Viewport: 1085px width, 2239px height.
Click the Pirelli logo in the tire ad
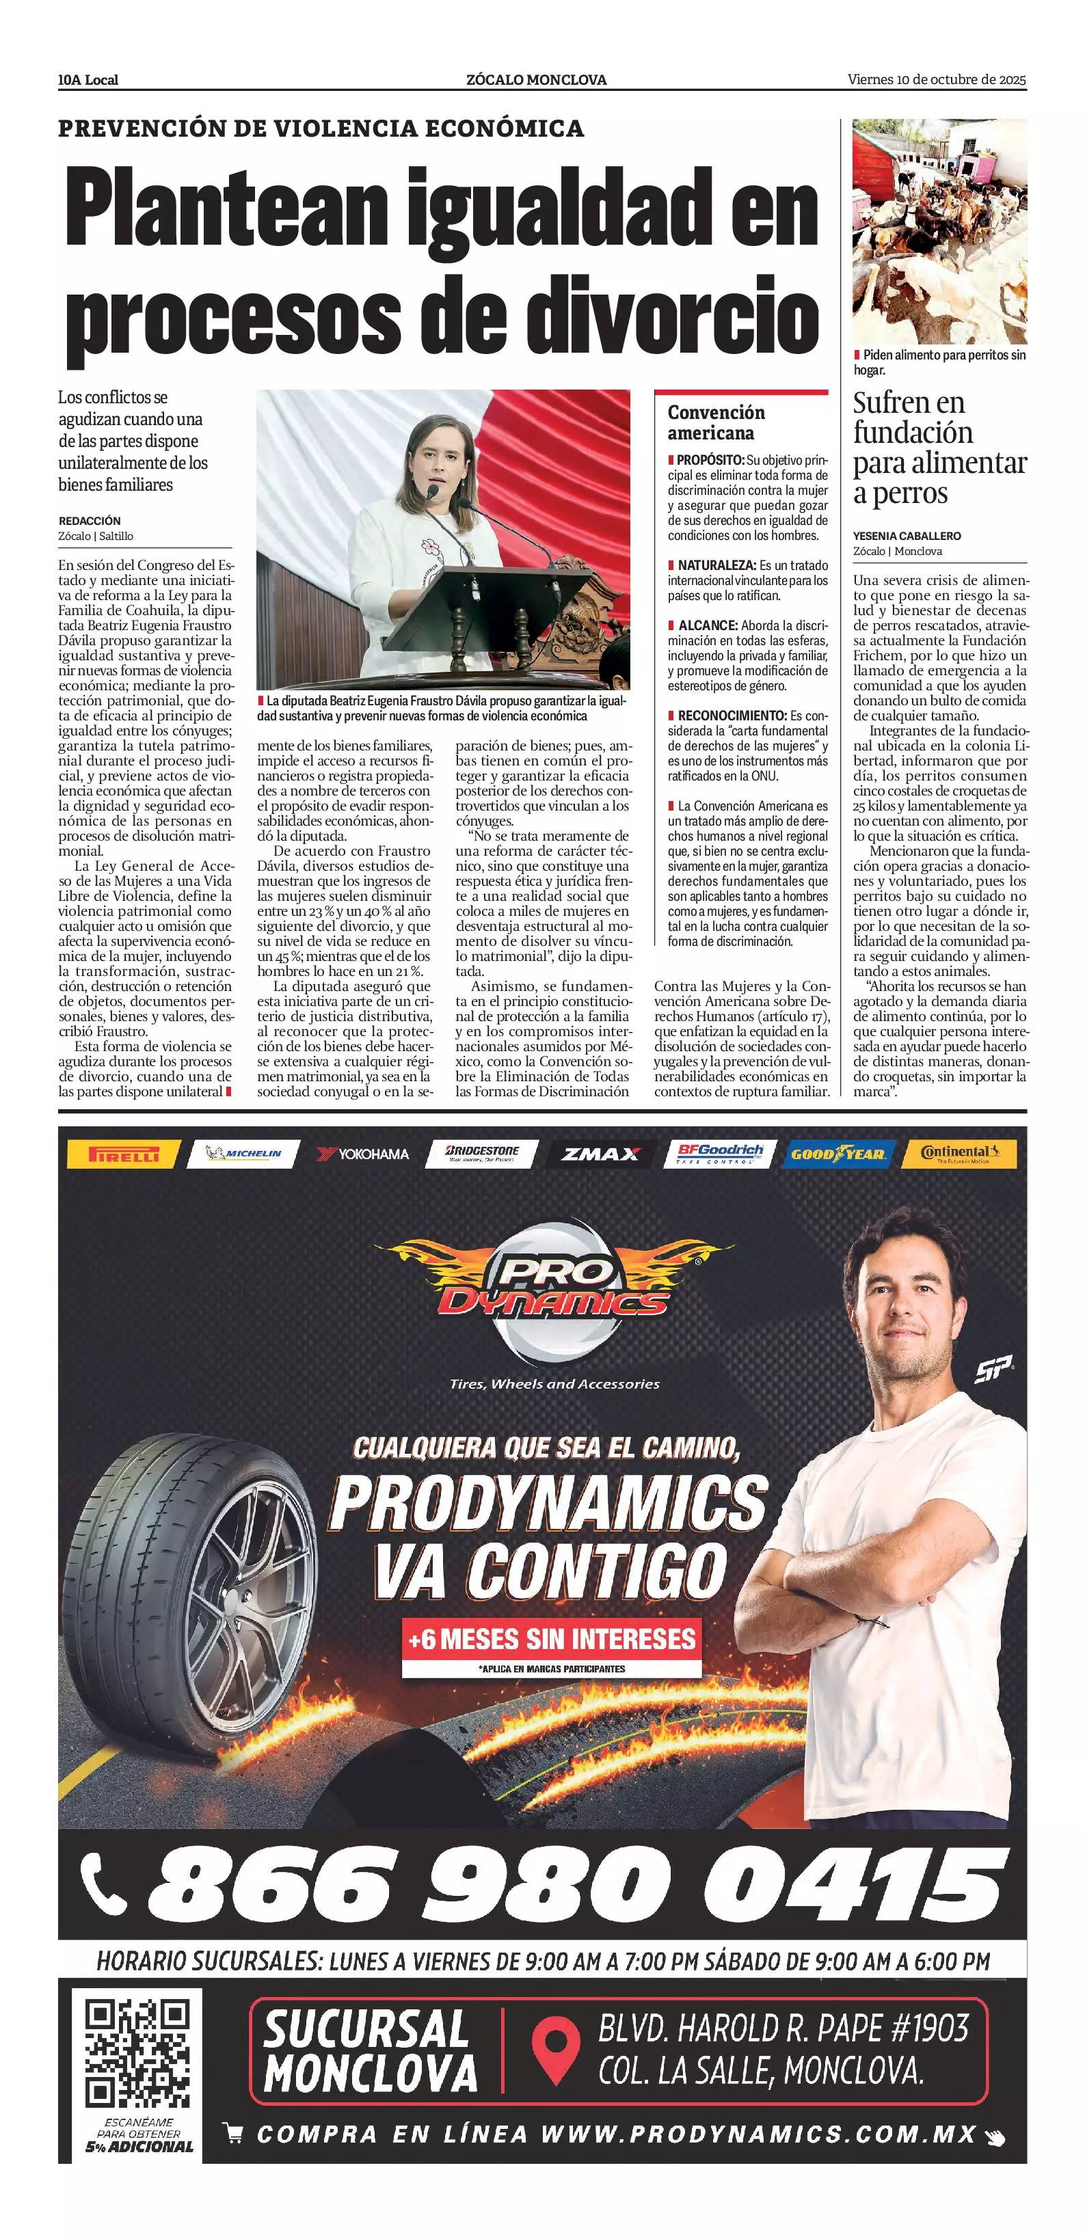click(x=124, y=1154)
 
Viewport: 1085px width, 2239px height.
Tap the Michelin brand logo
click(x=244, y=1154)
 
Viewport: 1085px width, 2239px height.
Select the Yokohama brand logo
click(x=364, y=1154)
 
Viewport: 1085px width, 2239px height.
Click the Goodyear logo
click(x=838, y=1154)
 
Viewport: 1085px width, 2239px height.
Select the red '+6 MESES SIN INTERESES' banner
click(x=552, y=1639)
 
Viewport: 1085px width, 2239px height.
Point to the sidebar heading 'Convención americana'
click(x=716, y=422)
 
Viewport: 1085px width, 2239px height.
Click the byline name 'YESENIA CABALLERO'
click(x=907, y=535)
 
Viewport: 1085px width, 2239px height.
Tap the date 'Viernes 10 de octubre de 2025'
click(x=937, y=80)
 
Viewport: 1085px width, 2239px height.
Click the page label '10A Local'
click(x=88, y=80)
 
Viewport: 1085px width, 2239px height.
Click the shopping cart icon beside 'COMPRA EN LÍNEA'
click(x=233, y=2132)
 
